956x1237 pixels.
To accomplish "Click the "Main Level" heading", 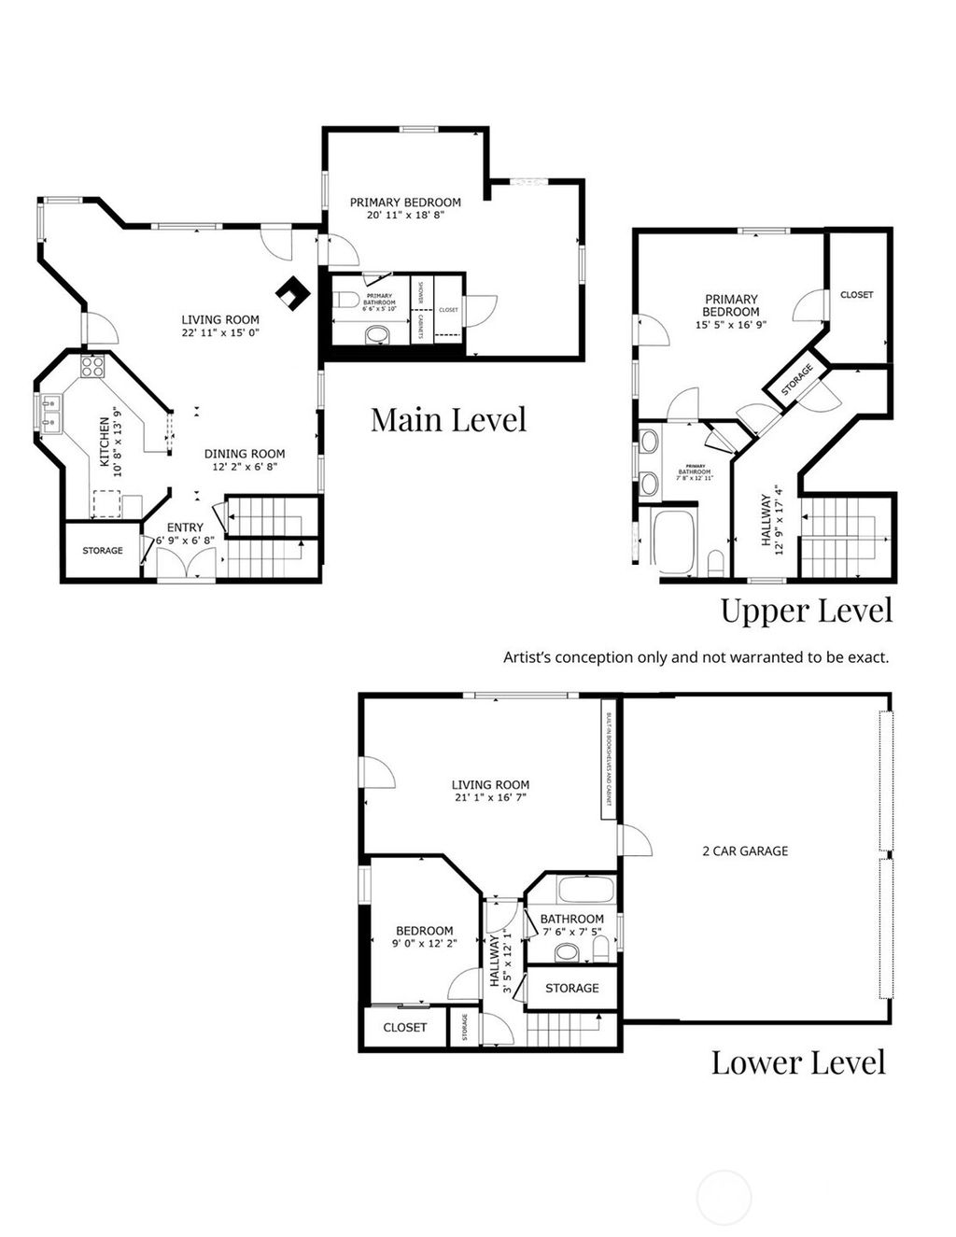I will tap(448, 419).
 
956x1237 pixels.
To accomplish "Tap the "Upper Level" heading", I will tap(806, 611).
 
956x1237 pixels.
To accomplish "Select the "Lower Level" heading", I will tap(797, 1061).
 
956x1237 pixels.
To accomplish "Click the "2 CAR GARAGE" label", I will tap(744, 850).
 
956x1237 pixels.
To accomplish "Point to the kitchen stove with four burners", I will tap(92, 366).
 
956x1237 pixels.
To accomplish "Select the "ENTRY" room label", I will tap(185, 527).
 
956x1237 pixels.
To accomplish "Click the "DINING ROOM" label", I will tap(245, 454).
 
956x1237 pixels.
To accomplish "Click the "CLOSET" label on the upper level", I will tap(856, 294).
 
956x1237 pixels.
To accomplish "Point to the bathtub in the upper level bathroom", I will tap(673, 541).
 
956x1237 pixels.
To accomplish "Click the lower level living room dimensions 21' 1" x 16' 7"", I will tap(490, 798).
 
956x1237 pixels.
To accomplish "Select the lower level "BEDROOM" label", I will tap(424, 930).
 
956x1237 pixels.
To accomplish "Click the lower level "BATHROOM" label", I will tap(571, 919).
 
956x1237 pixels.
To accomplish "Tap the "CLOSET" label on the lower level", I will tap(405, 1027).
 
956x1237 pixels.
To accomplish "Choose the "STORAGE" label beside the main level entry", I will tap(103, 550).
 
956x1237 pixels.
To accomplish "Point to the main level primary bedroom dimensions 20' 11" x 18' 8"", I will tap(405, 214).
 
